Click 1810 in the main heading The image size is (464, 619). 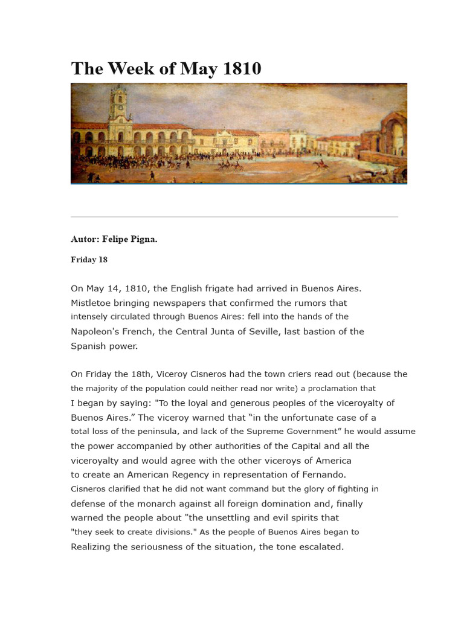(x=242, y=69)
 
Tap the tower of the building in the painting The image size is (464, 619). (x=118, y=106)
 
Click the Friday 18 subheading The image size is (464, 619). (x=89, y=260)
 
